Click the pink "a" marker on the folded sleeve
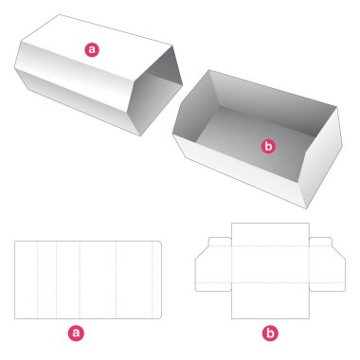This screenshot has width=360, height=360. click(92, 49)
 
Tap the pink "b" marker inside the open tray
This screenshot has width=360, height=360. click(268, 146)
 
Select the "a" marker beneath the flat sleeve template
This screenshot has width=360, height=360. click(76, 333)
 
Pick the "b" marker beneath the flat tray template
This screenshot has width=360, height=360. click(270, 333)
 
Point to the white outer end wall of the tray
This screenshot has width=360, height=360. click(320, 158)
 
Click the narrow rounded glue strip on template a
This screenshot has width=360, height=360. click(157, 279)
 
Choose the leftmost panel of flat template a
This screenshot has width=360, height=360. click(26, 279)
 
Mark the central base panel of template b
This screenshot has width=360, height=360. click(270, 264)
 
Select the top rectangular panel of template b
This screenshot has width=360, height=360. click(270, 235)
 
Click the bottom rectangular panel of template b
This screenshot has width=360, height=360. click(270, 300)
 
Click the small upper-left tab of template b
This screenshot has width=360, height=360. click(220, 242)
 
